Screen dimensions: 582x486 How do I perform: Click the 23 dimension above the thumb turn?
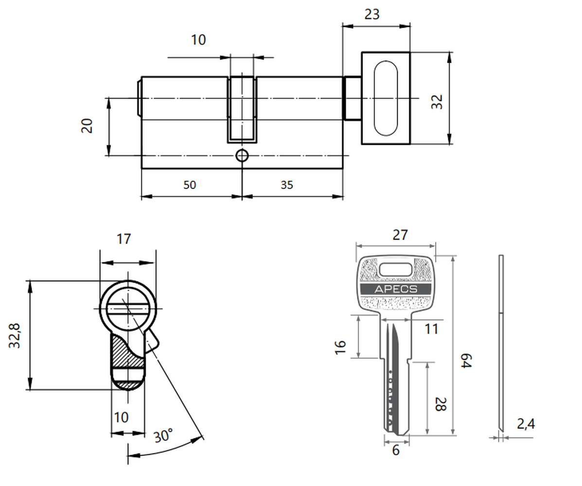[x=372, y=15]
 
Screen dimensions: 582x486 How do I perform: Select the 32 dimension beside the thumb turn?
[x=437, y=102]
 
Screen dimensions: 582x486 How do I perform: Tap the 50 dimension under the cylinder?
[x=190, y=185]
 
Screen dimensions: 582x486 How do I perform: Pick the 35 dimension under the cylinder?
[x=287, y=185]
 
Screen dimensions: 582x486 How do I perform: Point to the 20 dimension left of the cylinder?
[x=87, y=126]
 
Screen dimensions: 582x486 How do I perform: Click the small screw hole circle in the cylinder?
[x=242, y=156]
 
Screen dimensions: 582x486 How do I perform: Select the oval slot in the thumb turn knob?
[x=386, y=98]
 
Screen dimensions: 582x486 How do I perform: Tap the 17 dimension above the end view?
[x=123, y=239]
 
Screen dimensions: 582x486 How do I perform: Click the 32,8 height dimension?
[x=15, y=335]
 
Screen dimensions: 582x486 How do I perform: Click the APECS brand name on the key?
[x=396, y=289]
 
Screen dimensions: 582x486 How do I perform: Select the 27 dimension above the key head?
[x=400, y=235]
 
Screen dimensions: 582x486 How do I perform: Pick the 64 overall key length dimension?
[x=466, y=361]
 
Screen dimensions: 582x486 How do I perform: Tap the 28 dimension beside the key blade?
[x=441, y=404]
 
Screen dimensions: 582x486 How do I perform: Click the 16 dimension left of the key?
[x=340, y=347]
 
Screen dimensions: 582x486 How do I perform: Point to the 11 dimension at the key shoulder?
[x=431, y=329]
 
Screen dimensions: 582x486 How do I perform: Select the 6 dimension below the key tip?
[x=396, y=451]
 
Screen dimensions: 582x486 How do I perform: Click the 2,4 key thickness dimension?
[x=526, y=424]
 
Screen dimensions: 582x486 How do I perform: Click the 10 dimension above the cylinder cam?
[x=198, y=40]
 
